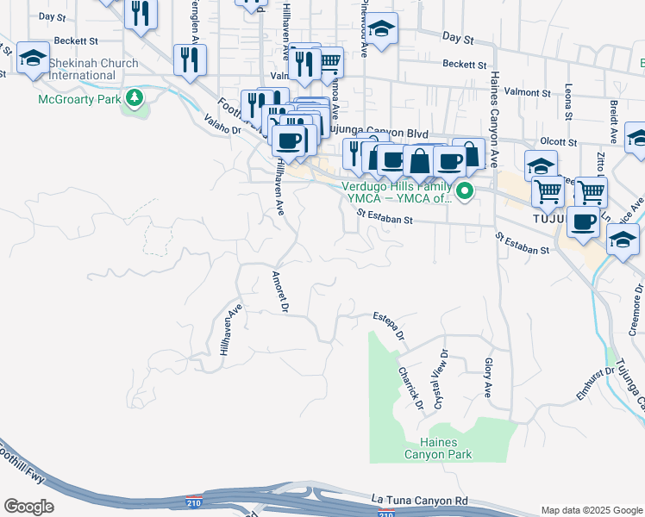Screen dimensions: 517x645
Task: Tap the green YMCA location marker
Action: [465, 191]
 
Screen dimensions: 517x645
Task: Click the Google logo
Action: [28, 507]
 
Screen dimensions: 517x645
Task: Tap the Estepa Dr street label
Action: [389, 328]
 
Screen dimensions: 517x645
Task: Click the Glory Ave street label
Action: [487, 378]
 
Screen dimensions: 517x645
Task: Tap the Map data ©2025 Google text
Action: [592, 510]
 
